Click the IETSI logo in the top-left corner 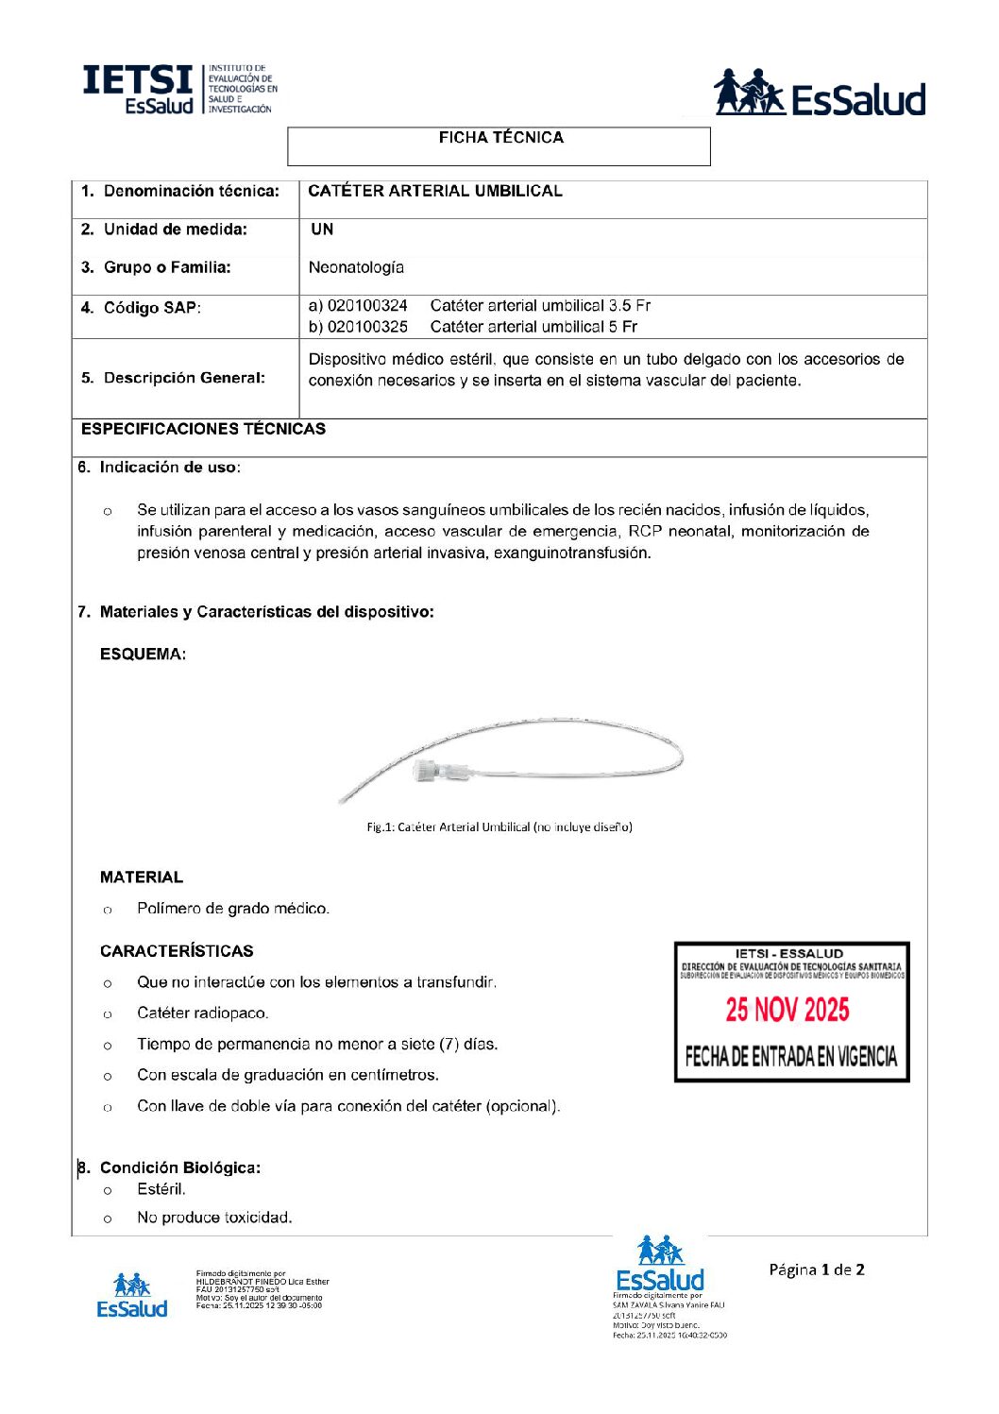pos(179,91)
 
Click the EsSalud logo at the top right pos(819,93)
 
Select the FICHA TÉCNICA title pos(500,138)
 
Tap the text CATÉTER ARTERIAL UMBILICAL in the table pos(435,191)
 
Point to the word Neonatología pos(356,267)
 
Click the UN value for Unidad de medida pos(322,230)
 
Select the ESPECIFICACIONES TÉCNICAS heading pos(203,429)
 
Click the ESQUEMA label pos(143,654)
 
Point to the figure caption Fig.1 pos(499,827)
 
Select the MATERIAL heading pos(142,877)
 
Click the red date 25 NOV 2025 pos(787,1010)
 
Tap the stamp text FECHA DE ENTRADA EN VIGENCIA pos(791,1056)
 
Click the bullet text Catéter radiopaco pos(203,1014)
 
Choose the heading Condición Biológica pos(180,1167)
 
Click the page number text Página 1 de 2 pos(817,1269)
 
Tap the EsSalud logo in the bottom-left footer pos(131,1296)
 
